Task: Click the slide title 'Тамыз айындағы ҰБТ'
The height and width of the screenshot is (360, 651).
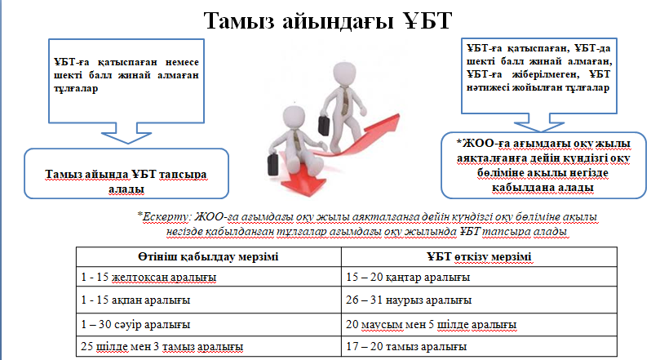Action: coord(328,20)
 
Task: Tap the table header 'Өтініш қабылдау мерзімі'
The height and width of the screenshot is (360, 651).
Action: coord(208,256)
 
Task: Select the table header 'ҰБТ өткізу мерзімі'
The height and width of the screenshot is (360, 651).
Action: coord(479,257)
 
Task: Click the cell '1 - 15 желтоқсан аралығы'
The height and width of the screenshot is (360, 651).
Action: coord(148,277)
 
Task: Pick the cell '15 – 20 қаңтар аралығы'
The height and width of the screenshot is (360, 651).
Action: coord(408,277)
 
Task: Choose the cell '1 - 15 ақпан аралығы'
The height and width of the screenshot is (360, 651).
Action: coord(135,300)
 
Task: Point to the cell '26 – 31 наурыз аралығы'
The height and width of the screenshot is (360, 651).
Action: coord(409,300)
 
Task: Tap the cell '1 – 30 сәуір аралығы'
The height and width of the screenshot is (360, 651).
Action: coord(135,324)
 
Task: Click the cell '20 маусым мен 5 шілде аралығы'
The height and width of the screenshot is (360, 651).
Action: coord(431,324)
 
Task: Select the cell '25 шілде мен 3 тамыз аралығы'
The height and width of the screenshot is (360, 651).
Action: coord(162,346)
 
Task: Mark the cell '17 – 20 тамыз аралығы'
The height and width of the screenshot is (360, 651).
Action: coord(406,346)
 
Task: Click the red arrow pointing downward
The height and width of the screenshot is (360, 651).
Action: coord(304,175)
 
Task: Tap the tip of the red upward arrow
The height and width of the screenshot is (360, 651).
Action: coord(398,115)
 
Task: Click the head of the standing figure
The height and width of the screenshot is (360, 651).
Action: coord(345,74)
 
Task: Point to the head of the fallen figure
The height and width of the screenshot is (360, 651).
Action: coord(294,118)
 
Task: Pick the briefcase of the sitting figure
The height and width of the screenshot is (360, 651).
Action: coord(272,163)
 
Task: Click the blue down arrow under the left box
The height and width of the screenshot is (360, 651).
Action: coord(126,133)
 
